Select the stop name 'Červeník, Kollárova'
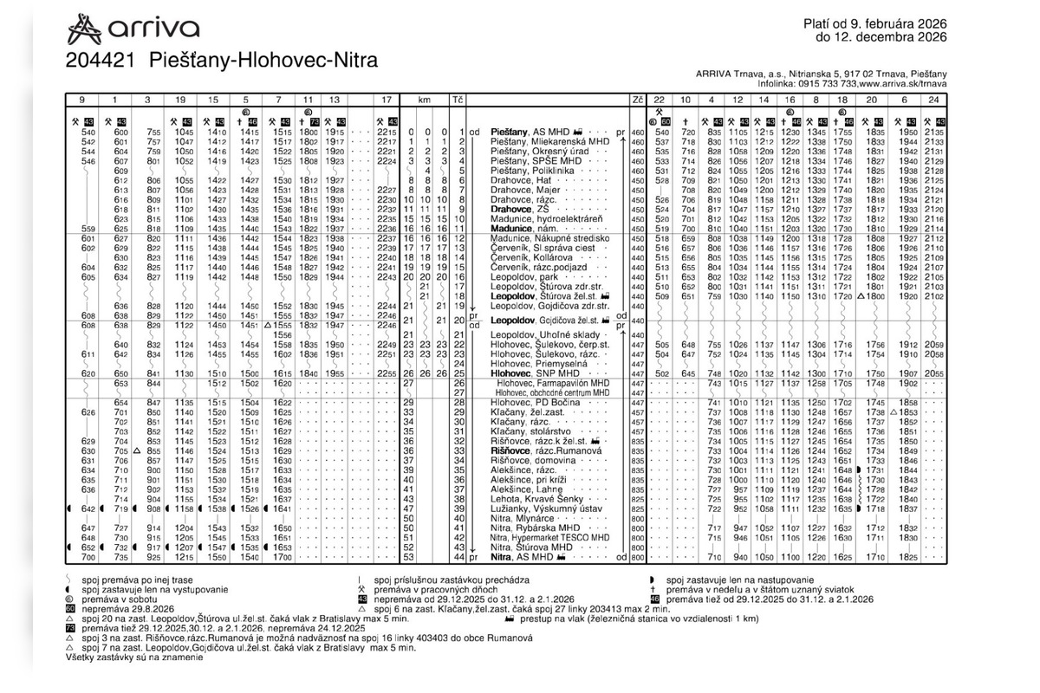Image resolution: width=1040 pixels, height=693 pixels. click(533, 258)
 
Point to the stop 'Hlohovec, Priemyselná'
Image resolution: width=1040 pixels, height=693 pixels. click(536, 364)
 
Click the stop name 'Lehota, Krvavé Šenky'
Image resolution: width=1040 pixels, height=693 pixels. click(536, 499)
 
